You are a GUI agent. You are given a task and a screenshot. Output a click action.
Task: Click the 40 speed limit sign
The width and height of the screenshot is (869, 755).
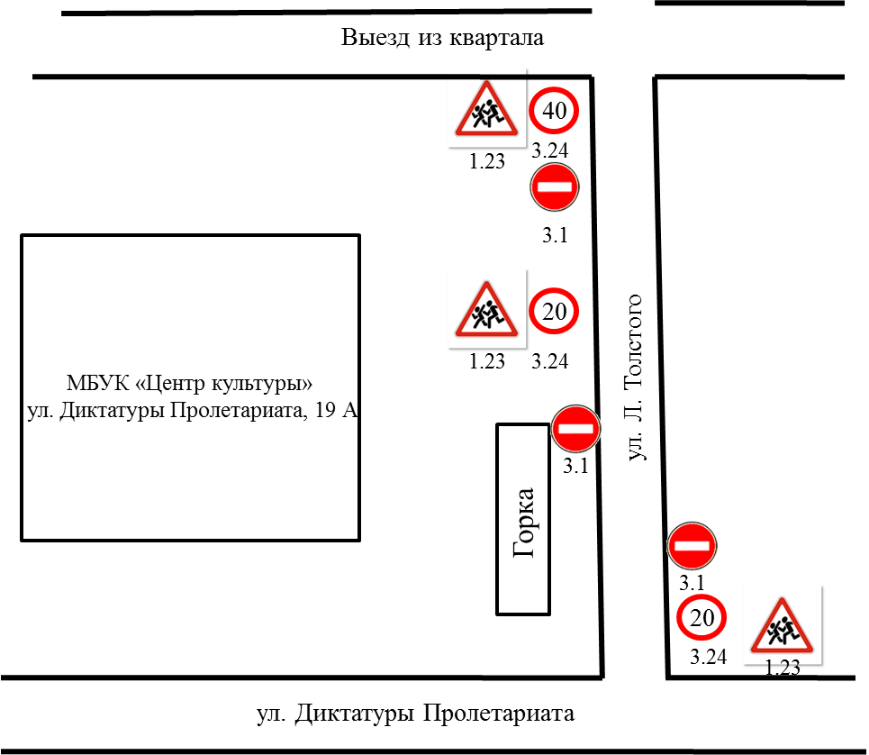[554, 110]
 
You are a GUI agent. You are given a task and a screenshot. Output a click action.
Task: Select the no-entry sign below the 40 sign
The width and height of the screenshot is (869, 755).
[554, 186]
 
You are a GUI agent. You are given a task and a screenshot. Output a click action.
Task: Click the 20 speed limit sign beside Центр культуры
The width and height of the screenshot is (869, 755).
[554, 311]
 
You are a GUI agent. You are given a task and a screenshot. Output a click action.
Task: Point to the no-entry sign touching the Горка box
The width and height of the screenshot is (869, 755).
[575, 429]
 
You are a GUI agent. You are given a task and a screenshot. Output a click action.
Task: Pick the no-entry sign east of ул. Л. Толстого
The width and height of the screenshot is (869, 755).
[692, 545]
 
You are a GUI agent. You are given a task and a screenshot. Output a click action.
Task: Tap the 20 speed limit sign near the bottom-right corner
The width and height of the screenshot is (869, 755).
[702, 617]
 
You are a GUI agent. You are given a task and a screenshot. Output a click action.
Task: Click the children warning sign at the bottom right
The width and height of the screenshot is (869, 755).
[782, 625]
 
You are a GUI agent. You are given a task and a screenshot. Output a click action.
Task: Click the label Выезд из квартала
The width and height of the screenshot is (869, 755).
[442, 38]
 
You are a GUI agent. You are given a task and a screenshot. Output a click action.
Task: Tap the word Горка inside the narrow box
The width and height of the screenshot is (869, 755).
[524, 523]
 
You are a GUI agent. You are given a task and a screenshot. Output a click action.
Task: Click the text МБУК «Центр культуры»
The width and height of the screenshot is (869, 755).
[189, 383]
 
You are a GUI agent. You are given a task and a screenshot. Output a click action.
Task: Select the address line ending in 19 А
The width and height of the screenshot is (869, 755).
[193, 411]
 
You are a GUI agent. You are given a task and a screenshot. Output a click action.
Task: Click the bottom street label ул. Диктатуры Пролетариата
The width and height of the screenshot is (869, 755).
[416, 714]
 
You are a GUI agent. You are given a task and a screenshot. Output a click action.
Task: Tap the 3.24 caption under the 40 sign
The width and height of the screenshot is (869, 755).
[550, 150]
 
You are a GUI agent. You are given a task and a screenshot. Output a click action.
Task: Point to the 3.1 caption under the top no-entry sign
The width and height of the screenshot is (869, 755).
[555, 235]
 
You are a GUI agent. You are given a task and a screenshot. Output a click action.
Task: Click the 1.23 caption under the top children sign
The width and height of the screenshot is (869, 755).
[487, 160]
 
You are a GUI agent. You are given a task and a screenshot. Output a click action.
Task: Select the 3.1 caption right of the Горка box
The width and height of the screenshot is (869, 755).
[575, 466]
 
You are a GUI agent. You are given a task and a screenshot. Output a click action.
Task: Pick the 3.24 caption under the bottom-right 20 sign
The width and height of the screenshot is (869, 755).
[709, 657]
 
